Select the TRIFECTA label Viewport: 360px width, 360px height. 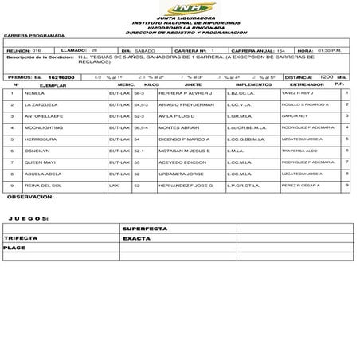21,237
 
